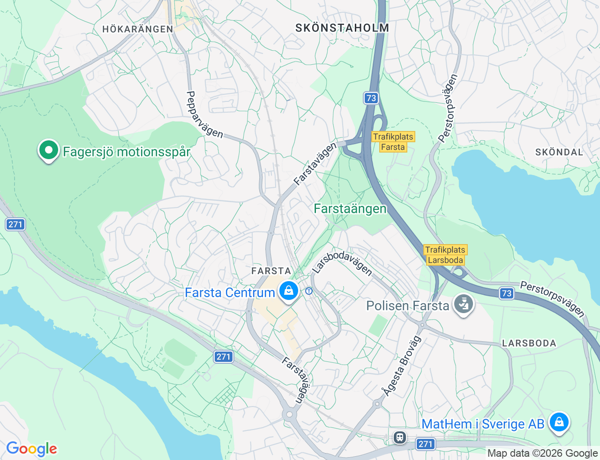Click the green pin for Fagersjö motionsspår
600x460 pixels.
[48, 150]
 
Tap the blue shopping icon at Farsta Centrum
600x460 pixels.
[289, 291]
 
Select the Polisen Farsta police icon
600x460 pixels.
[464, 304]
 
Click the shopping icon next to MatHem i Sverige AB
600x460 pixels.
[559, 422]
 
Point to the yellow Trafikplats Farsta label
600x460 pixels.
[393, 142]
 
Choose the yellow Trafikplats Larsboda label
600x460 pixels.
[445, 255]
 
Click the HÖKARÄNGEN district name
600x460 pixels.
[138, 29]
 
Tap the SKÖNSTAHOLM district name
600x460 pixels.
[342, 28]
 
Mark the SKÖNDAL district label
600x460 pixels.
[559, 152]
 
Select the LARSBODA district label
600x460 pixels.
[529, 343]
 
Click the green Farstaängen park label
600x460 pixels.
[350, 208]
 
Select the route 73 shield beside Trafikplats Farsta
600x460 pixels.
[371, 98]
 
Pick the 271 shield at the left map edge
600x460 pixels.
[15, 224]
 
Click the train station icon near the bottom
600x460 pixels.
[400, 437]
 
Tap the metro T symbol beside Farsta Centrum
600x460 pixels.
[309, 291]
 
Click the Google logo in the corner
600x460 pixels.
[31, 449]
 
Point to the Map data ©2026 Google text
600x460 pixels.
[542, 453]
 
